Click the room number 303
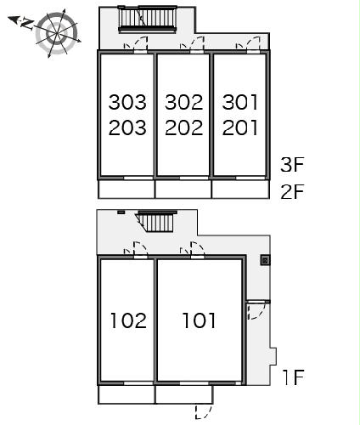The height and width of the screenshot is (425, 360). pos(127,102)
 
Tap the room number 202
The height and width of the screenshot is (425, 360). pos(184,127)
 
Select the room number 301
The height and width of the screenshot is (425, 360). pos(240,102)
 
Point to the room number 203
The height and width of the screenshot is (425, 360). pos(127,127)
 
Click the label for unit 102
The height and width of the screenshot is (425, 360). pos(128,320)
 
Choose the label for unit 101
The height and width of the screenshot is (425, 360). pos(199,320)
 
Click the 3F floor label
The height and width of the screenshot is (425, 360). pos(292,164)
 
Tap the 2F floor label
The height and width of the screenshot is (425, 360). pos(292,191)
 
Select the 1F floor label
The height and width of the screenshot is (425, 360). pos(294,377)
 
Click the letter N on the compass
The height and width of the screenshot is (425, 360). pos(27,24)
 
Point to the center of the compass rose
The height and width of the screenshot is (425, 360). pos(58,33)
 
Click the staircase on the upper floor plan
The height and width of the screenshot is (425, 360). pos(148,18)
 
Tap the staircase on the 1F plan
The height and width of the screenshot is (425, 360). pos(155,222)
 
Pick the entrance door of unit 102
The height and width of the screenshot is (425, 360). pos(140,251)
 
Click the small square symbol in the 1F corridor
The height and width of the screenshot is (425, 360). pos(265,260)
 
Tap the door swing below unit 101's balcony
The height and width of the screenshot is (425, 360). pos(204,411)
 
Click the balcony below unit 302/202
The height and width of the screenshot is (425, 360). pos(183,189)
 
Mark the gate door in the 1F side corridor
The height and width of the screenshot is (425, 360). pos(256,311)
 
